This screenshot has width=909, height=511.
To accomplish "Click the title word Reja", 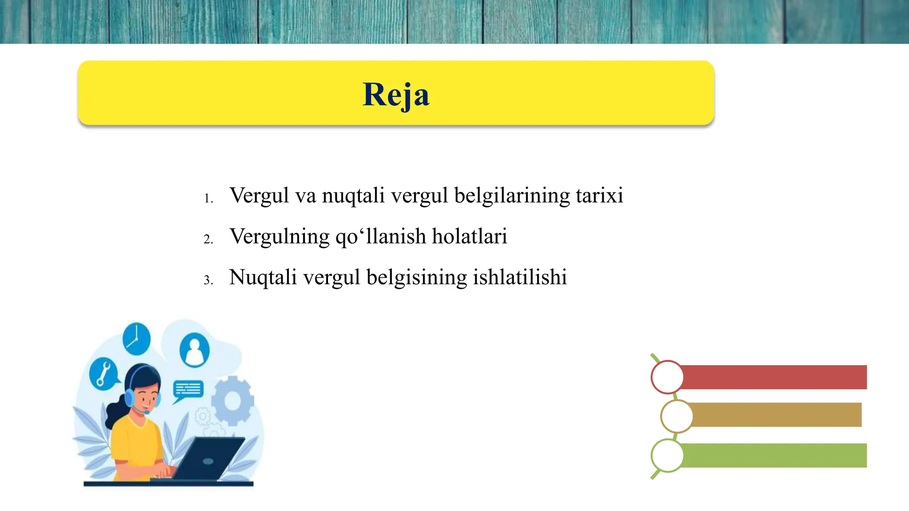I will tap(396, 94).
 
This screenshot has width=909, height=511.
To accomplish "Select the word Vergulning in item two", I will tap(279, 236).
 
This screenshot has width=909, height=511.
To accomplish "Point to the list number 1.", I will tap(208, 198).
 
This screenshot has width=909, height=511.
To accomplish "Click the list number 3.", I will tap(208, 280).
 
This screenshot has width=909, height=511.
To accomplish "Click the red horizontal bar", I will tap(772, 377).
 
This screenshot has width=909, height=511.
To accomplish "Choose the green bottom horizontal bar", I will tap(772, 455).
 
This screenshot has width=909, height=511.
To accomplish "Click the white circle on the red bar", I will tap(667, 377).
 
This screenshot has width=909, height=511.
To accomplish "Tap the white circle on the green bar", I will tap(667, 456).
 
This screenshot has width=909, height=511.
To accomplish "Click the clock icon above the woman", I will tap(136, 339).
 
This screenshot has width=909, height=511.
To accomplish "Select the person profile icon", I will tap(194, 350).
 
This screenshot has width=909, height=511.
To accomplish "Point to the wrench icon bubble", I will tap(103, 374).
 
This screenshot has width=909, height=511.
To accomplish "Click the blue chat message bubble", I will tap(188, 389).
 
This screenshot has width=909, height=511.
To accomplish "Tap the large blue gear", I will tap(233, 401).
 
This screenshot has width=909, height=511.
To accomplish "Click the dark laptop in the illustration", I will tap(209, 459).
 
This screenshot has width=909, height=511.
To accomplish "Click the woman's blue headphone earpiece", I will tap(129, 397).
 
